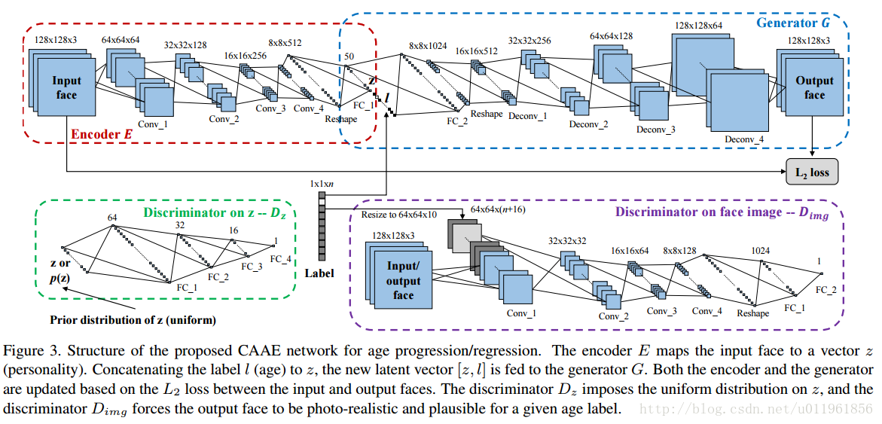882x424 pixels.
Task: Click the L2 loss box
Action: point(812,172)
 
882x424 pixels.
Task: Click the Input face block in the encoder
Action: point(66,87)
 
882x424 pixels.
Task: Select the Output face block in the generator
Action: point(814,87)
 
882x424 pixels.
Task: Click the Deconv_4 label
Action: point(743,139)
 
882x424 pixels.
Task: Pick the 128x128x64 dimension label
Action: point(697,25)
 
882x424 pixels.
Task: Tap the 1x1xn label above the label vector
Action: point(322,183)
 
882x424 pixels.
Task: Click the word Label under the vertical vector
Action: point(319,273)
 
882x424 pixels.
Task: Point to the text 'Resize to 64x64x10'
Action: point(400,215)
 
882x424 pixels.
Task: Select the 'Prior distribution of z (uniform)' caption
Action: point(133,320)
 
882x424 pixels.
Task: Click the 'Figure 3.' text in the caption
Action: point(29,351)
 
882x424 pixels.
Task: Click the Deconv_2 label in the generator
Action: point(588,123)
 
